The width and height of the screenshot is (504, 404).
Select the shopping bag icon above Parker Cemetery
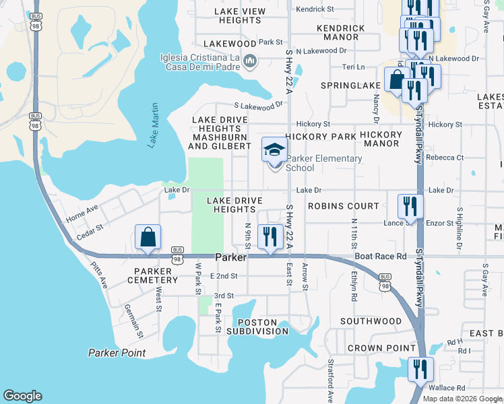[148, 238]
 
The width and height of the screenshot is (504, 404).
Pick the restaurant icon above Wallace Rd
[420, 370]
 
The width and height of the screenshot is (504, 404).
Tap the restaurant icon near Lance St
[410, 206]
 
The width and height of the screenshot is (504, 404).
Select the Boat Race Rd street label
[381, 256]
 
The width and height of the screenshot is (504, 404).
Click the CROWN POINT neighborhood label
[381, 348]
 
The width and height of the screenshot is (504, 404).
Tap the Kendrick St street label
[315, 9]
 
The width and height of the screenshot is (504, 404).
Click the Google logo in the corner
[23, 396]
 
